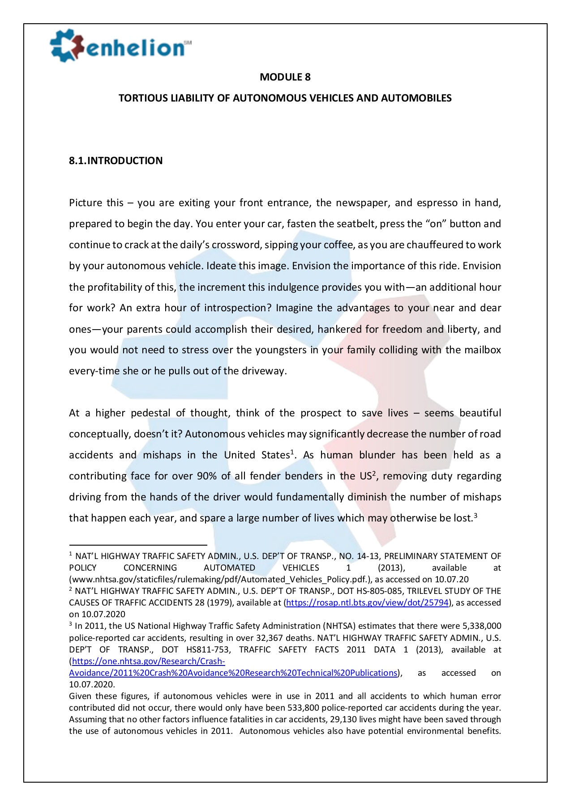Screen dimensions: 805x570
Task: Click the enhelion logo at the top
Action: click(x=120, y=46)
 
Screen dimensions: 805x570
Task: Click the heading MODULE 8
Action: click(x=285, y=77)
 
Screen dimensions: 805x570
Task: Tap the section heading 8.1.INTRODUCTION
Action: click(x=116, y=161)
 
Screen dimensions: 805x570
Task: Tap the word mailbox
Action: click(x=482, y=350)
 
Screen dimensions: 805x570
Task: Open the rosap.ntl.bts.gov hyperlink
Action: click(x=367, y=602)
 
